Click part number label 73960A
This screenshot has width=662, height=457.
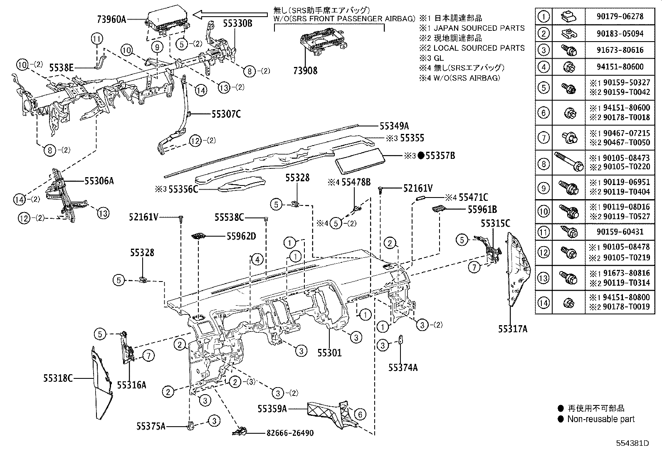click(111, 19)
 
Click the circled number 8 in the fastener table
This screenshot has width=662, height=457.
click(543, 164)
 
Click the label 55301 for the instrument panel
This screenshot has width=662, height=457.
click(329, 353)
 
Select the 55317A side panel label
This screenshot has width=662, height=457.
click(513, 329)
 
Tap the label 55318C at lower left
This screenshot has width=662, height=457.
click(58, 378)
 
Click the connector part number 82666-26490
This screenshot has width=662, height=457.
click(289, 433)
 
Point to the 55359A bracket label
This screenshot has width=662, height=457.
click(272, 409)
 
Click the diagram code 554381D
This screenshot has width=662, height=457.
click(632, 443)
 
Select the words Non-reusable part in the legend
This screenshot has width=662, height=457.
click(601, 419)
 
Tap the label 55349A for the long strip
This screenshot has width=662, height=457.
click(394, 126)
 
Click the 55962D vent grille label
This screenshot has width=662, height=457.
click(241, 236)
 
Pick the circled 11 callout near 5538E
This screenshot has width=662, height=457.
click(97, 40)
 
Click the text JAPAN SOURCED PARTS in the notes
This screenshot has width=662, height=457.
click(479, 28)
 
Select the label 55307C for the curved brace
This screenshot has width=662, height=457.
click(226, 113)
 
